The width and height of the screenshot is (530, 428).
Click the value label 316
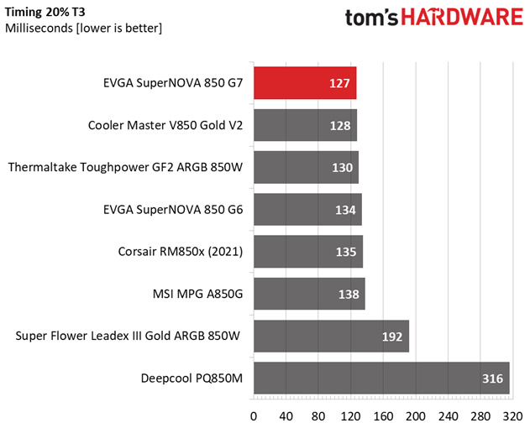(492, 379)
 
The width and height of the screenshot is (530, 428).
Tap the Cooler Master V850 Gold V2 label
(165, 126)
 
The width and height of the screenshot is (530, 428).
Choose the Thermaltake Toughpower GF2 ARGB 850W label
(125, 168)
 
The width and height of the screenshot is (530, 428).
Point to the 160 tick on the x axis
(382, 415)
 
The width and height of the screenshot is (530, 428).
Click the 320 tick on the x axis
(510, 415)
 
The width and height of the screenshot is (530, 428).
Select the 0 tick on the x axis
(254, 415)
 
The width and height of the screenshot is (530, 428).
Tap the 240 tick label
(446, 415)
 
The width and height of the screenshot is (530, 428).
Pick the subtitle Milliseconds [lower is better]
(83, 28)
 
